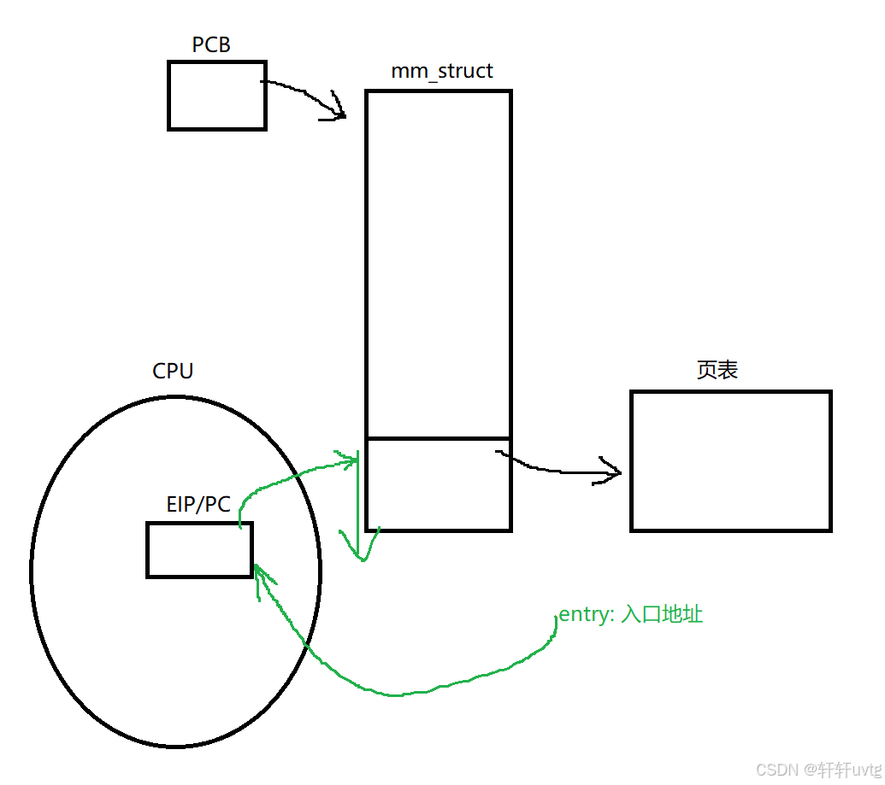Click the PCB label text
click(211, 44)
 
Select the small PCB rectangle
click(216, 95)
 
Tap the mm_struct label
click(441, 71)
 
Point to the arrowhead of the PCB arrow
click(340, 114)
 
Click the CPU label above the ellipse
click(173, 372)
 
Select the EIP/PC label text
click(198, 505)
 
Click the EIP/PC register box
click(199, 549)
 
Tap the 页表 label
click(717, 370)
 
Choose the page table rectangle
click(730, 460)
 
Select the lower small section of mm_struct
click(438, 484)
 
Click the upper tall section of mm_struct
click(438, 265)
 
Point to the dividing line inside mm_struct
click(438, 438)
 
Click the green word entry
click(582, 615)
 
